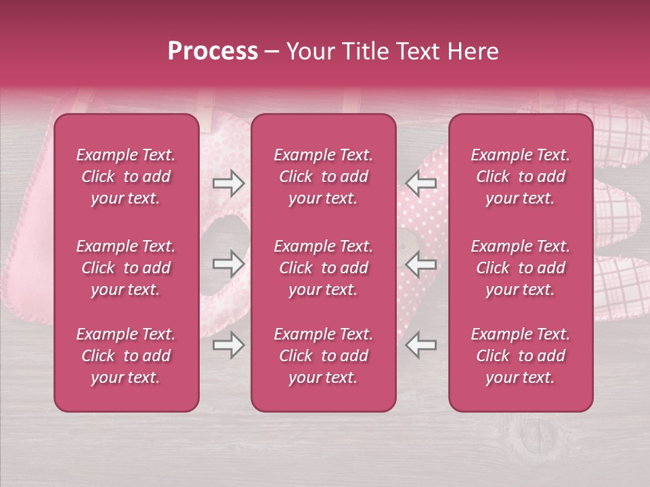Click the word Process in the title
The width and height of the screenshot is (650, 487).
click(213, 51)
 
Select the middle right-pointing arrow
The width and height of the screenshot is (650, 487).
click(228, 263)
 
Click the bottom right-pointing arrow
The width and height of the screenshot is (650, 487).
click(228, 345)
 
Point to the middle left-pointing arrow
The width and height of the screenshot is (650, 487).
click(420, 263)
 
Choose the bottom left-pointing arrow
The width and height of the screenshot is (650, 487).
click(420, 345)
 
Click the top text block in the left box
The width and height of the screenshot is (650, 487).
click(126, 177)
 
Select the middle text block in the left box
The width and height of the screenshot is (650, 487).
click(126, 268)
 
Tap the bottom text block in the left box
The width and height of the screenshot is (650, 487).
click(126, 356)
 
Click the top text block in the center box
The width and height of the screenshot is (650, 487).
click(323, 177)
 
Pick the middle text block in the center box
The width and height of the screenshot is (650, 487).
click(323, 268)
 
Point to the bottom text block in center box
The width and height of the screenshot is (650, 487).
click(323, 356)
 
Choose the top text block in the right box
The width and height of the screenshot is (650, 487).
click(520, 177)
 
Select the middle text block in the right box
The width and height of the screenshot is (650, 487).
click(520, 268)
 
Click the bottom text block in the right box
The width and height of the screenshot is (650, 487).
click(520, 356)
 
